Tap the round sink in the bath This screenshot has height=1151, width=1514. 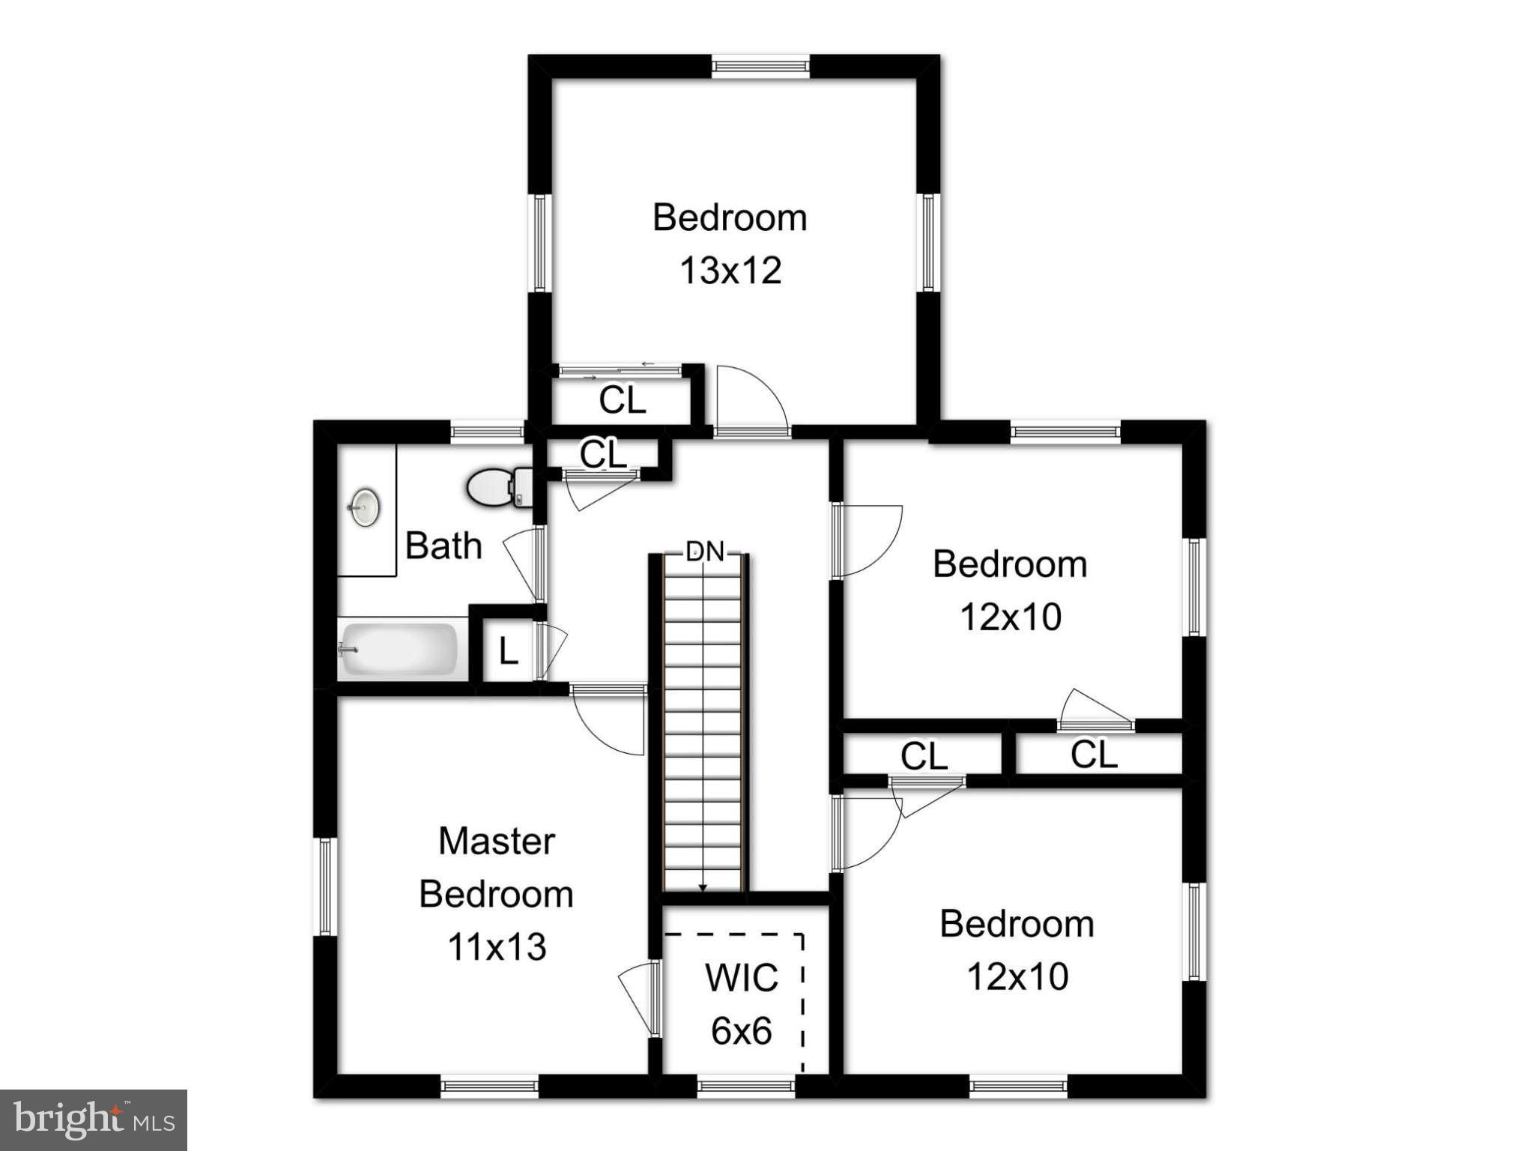[365, 507]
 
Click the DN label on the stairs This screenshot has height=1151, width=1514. [705, 552]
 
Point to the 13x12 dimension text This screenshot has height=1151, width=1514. [730, 271]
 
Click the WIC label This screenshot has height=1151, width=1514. [741, 977]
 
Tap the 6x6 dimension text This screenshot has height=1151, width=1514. [741, 1031]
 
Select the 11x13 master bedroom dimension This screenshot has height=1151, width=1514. [497, 947]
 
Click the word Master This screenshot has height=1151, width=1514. [497, 841]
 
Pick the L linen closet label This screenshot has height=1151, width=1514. [508, 652]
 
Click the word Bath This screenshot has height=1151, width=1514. [443, 546]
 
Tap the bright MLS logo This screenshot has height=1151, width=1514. [94, 1120]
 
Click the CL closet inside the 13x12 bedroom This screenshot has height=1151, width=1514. [622, 400]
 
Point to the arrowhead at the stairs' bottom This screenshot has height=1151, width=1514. [703, 888]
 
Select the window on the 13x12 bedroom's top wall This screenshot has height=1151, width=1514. [760, 67]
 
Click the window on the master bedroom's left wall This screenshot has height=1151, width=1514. [325, 886]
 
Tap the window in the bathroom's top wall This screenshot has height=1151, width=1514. [488, 431]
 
